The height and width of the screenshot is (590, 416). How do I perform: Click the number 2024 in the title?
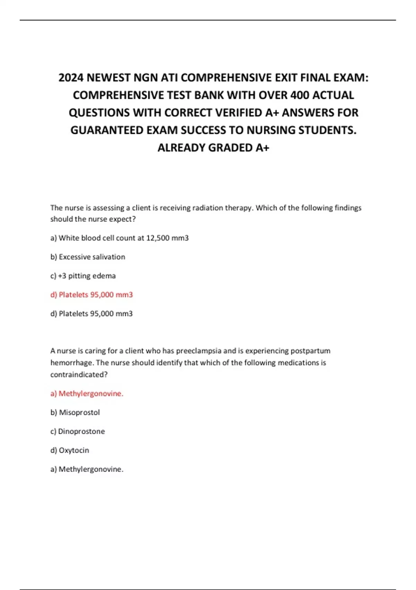pyautogui.click(x=71, y=77)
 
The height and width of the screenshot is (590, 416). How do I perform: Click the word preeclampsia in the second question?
pyautogui.click(x=199, y=351)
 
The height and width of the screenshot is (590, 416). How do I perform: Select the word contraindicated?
pyautogui.click(x=79, y=375)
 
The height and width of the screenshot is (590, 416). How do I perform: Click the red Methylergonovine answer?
pyautogui.click(x=90, y=394)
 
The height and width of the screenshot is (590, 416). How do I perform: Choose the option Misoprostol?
pyautogui.click(x=79, y=412)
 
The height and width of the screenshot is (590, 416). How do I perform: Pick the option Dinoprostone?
pyautogui.click(x=81, y=431)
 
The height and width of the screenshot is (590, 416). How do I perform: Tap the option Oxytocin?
pyautogui.click(x=73, y=450)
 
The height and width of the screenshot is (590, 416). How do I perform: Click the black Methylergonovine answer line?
pyautogui.click(x=90, y=469)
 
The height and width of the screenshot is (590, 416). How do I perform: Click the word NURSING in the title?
pyautogui.click(x=271, y=130)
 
